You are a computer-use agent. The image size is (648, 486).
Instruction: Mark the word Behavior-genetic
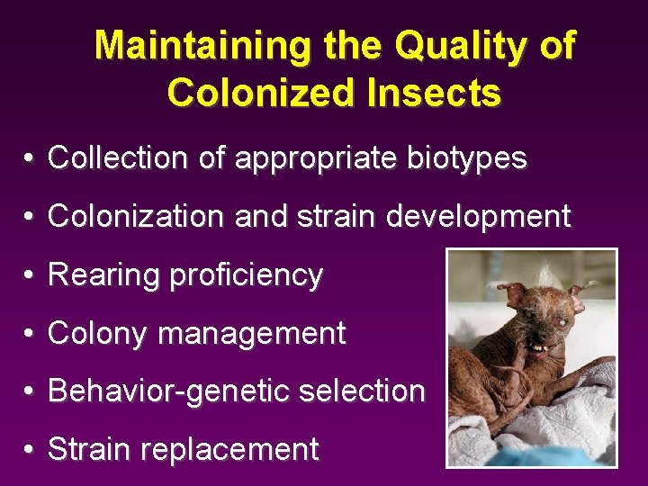pos(170,391)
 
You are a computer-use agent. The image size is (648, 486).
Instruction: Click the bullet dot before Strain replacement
pos(30,450)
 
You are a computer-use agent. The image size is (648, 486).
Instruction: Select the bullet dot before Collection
pos(30,160)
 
